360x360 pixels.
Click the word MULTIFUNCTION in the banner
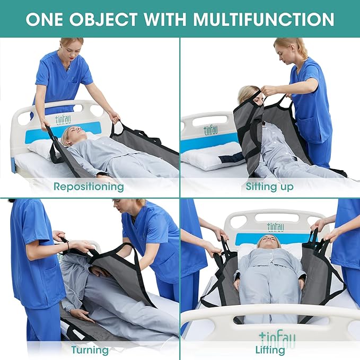(x=264, y=19)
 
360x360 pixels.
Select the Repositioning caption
(x=89, y=187)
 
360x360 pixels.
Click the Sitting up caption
(x=269, y=187)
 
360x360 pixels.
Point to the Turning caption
(x=90, y=349)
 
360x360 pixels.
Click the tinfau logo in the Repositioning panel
(x=65, y=119)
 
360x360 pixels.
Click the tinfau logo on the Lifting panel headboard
(x=275, y=227)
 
